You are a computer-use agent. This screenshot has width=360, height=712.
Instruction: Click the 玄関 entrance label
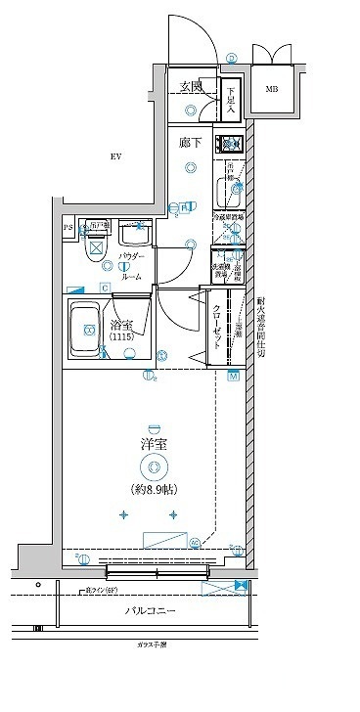coord(191,87)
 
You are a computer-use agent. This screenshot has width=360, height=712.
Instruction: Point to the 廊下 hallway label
coord(191,142)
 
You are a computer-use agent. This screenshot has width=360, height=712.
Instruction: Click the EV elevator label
coord(115,156)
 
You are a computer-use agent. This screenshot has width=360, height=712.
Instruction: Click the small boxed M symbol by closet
coord(233,375)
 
